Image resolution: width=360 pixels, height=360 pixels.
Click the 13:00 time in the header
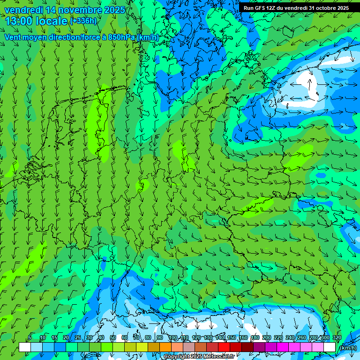[18, 21]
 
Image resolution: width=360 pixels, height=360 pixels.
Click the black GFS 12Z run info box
[296, 8]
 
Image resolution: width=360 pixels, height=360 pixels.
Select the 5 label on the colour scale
[30, 338]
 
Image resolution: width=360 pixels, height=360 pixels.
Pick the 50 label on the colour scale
[112, 338]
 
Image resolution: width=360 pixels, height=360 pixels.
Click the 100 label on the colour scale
[173, 338]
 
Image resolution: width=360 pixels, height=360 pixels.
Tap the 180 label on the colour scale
[255, 338]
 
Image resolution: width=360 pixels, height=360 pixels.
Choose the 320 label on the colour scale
[337, 338]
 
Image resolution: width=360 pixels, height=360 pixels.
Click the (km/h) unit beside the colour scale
[348, 347]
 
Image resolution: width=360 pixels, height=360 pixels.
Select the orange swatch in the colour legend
[165, 347]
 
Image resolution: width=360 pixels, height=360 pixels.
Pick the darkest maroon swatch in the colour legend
[247, 347]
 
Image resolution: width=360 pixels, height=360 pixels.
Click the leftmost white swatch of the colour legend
[24, 347]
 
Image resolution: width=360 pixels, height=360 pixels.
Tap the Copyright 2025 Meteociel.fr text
[199, 356]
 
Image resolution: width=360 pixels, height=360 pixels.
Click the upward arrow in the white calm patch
[310, 83]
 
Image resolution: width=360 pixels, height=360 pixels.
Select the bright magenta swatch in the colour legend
[283, 347]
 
